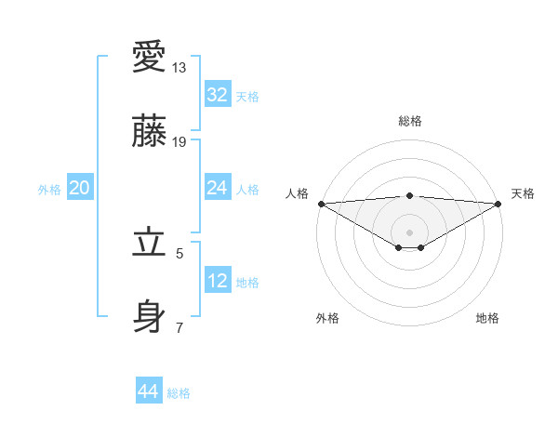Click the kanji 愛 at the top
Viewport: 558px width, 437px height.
point(150,57)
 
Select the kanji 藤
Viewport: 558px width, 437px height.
point(150,131)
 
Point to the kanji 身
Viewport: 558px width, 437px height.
point(150,316)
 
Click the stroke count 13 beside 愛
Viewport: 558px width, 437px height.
point(179,68)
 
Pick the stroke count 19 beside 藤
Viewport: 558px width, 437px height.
point(179,142)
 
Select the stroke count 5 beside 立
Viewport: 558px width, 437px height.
point(179,253)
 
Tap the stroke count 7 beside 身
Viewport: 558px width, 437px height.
point(179,327)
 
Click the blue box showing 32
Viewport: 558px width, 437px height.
point(217,94)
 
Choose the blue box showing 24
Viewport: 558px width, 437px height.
point(217,188)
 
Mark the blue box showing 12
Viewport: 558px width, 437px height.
point(217,280)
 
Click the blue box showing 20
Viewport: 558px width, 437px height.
point(79,188)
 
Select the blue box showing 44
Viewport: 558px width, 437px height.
point(148,391)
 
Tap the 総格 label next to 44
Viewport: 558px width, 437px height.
point(179,393)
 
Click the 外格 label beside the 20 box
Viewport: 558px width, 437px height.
point(49,190)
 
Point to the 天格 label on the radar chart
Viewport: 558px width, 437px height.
point(523,193)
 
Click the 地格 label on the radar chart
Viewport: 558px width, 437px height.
point(487,318)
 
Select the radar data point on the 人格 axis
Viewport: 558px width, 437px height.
point(321,204)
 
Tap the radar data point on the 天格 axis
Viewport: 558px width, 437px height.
point(498,204)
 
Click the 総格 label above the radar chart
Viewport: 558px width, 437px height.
point(409,121)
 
